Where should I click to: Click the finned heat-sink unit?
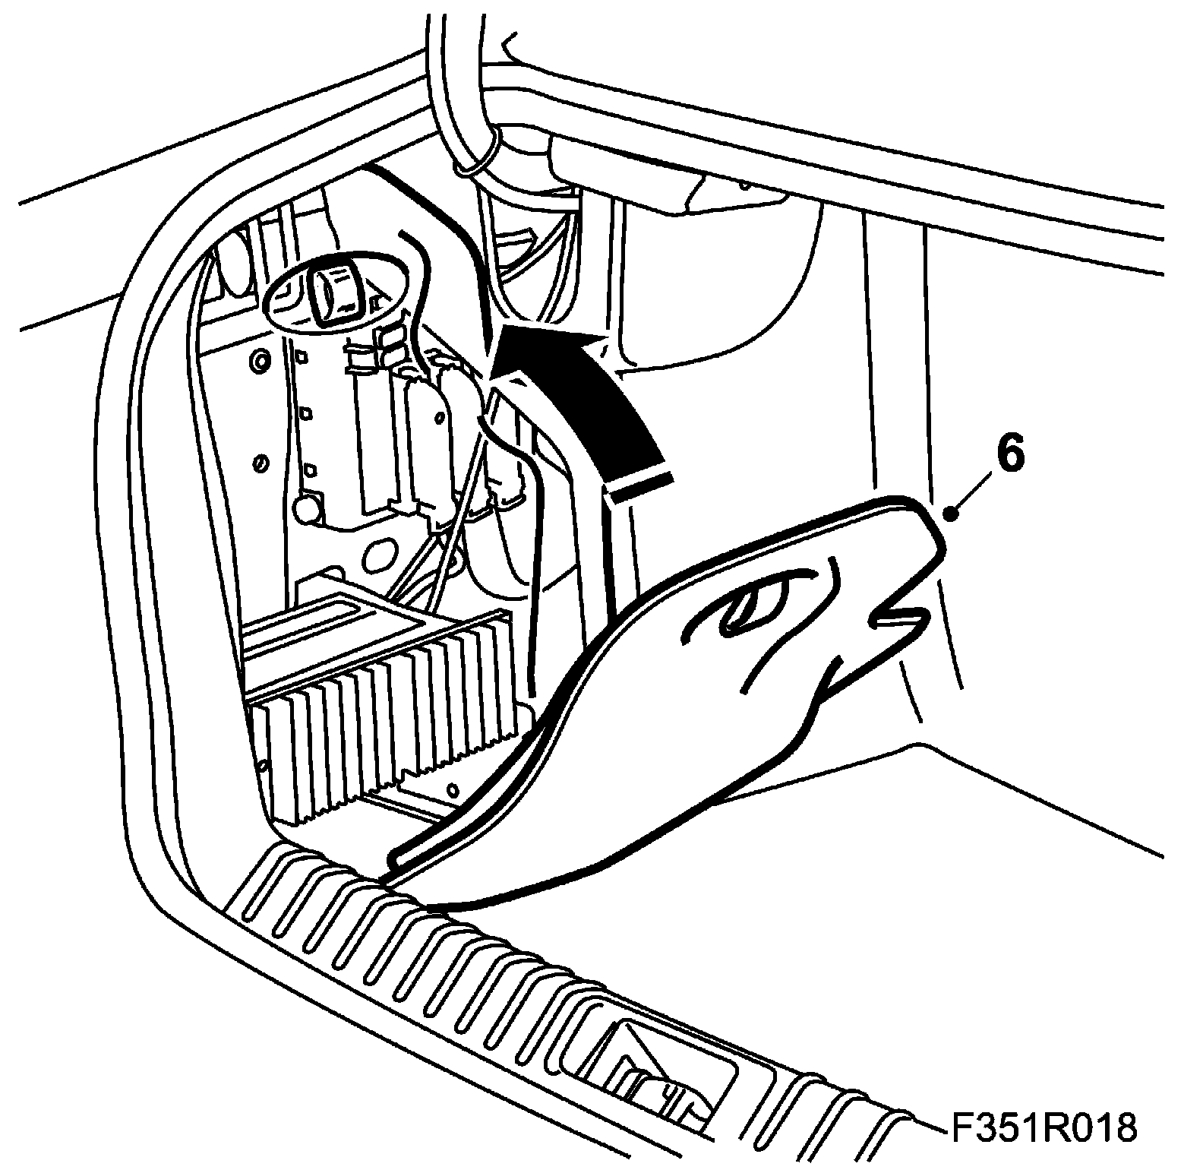tap(380, 729)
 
